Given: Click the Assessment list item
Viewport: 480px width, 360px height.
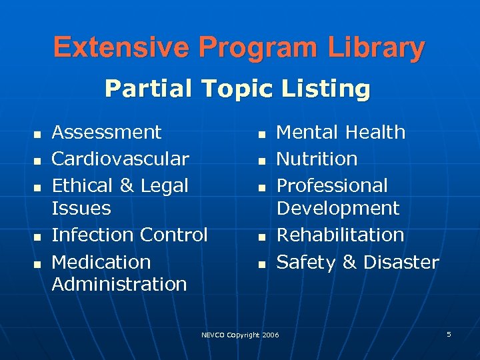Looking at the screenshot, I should tap(107, 132).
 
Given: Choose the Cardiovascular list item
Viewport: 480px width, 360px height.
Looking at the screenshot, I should tap(121, 159).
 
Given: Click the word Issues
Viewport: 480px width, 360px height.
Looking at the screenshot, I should tap(81, 208).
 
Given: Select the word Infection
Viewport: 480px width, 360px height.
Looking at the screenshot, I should tap(91, 235).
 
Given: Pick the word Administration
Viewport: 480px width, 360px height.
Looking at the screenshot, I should tap(119, 284).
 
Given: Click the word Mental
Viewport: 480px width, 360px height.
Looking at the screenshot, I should tap(307, 132).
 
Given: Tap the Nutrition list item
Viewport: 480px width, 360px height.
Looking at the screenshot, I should tap(317, 159).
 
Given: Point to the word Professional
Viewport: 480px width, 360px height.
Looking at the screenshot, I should tap(332, 185).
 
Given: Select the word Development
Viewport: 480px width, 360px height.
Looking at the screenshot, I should tap(338, 208).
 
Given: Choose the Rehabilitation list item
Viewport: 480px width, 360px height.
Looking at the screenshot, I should tap(340, 235).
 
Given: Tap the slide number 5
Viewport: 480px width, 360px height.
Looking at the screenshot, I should tap(449, 333).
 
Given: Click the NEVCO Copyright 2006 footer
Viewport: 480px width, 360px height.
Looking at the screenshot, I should tap(240, 335).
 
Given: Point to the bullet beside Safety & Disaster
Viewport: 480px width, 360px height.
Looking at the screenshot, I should tap(261, 265).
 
